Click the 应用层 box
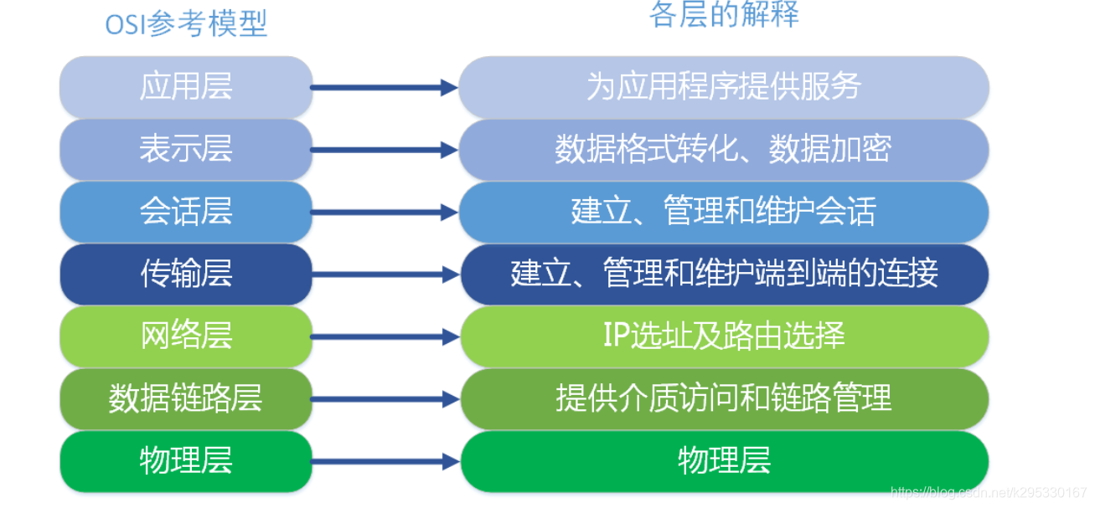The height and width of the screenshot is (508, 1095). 185,87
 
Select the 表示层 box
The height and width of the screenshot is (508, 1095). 185,150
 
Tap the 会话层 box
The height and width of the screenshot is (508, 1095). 185,212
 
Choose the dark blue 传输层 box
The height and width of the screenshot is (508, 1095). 185,274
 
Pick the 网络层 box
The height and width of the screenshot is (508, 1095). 185,336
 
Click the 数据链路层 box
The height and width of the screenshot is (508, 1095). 185,398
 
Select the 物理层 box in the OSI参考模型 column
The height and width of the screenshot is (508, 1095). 185,461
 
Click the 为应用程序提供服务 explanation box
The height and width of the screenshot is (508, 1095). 724,87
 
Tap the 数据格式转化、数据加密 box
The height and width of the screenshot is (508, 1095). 724,150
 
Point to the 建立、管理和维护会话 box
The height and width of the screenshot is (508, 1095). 724,212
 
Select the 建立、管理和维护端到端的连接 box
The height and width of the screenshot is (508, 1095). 724,274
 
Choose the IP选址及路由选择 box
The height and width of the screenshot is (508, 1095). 724,336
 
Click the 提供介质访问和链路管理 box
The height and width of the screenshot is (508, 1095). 724,398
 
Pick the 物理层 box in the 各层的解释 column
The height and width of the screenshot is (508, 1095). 724,461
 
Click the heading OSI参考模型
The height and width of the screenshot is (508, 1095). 186,24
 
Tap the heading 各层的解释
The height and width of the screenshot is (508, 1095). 724,14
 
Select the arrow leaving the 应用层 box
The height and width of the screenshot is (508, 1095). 385,87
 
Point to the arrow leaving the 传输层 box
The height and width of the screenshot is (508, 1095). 385,274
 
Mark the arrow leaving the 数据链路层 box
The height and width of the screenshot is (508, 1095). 385,398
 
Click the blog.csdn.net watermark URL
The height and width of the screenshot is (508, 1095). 988,493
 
